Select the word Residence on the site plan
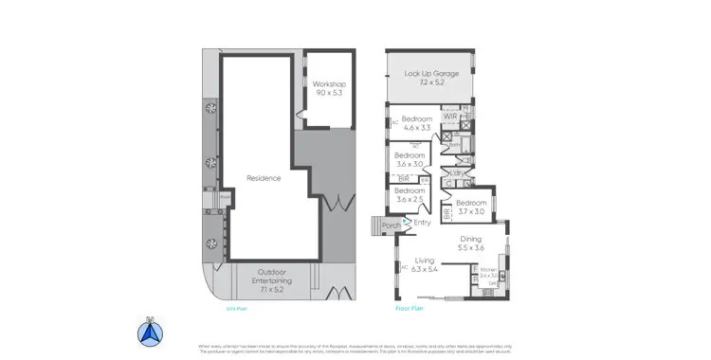click(264, 178)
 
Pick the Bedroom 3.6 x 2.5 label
click(410, 195)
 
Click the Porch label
click(390, 226)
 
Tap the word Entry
click(422, 223)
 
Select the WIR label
click(450, 117)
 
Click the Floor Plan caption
click(409, 308)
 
